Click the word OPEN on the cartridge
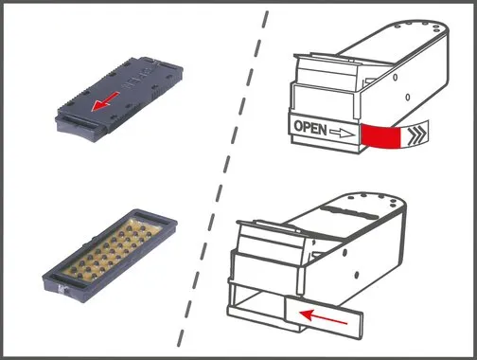point(310,128)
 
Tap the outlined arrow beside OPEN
point(342,132)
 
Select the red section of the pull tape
point(380,136)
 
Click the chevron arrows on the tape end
point(417,135)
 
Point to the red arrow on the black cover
point(105,101)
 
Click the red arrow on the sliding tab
point(323,317)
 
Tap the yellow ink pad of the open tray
point(111,249)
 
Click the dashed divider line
point(222,179)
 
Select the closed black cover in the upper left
point(119,99)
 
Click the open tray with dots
point(110,255)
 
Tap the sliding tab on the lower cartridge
point(324,317)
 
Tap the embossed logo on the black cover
point(138,79)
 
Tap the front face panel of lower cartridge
point(268,262)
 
